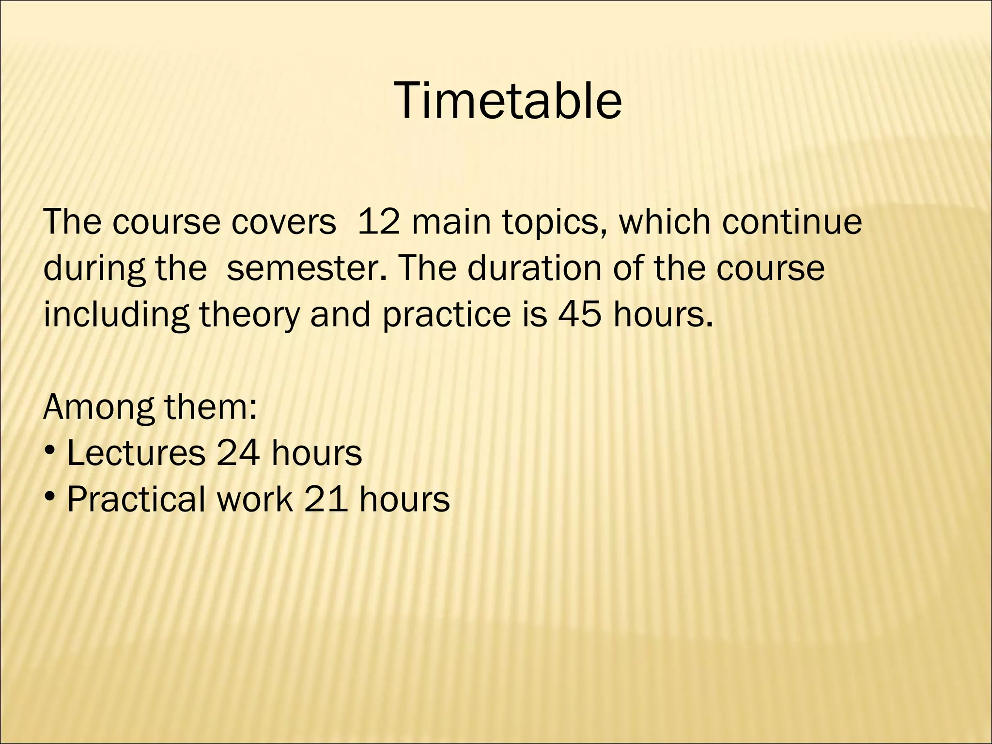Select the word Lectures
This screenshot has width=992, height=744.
136,453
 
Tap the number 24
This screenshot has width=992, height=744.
238,453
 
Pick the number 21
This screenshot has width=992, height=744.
325,499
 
